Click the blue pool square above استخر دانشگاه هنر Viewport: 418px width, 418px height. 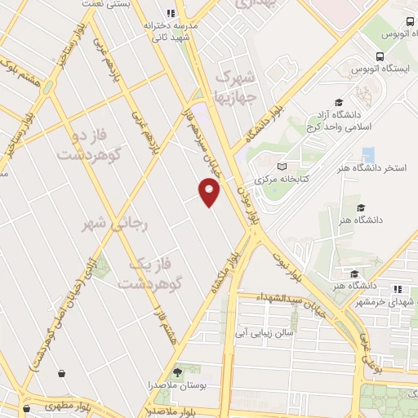pos(367,153)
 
